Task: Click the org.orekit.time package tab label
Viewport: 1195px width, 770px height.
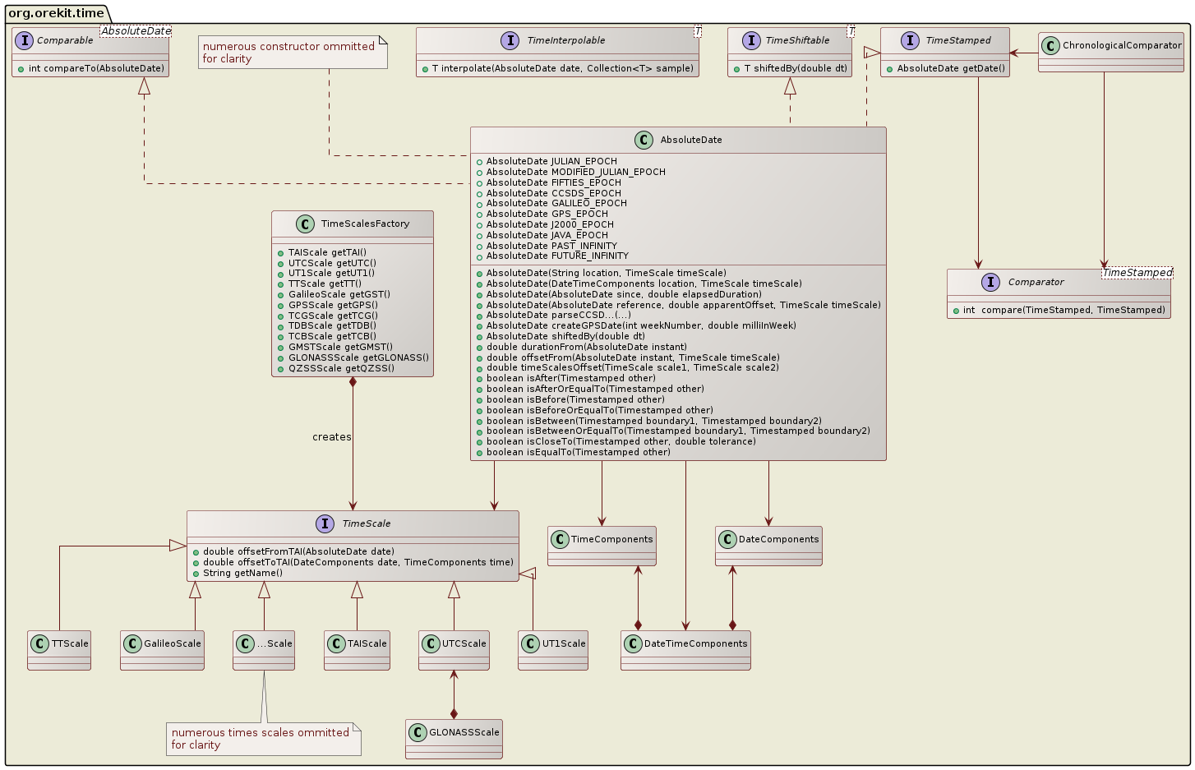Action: (x=56, y=13)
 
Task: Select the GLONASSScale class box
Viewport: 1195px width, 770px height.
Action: (x=454, y=738)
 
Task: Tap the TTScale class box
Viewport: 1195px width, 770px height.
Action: (x=59, y=650)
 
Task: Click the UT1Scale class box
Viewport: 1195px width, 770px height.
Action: (x=553, y=650)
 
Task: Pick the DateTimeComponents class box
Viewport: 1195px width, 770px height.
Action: (x=685, y=650)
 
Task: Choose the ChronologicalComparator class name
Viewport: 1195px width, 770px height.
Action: (x=1122, y=45)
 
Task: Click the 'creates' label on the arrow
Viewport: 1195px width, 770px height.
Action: (x=331, y=436)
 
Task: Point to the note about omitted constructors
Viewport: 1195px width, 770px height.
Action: (x=293, y=53)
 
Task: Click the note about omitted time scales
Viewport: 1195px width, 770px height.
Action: (x=263, y=739)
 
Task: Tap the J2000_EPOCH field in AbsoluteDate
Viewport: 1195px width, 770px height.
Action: (x=549, y=224)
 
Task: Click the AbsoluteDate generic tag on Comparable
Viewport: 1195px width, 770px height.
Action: (x=136, y=31)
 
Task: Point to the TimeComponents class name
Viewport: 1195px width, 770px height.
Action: (x=611, y=539)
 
